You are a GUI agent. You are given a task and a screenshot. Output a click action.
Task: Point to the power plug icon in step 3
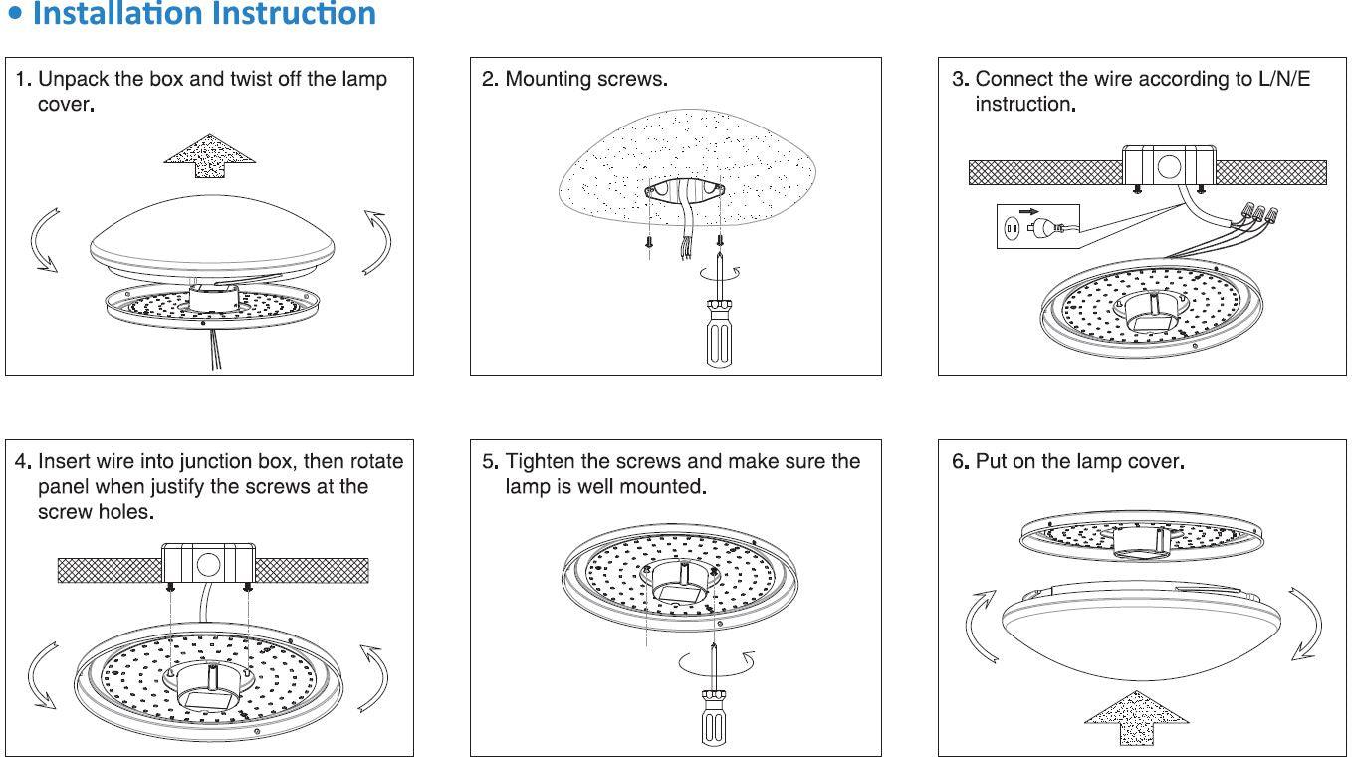point(1039,227)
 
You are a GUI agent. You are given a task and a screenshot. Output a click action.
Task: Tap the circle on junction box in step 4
point(208,565)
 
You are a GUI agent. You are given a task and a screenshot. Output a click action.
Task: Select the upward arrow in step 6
point(1136,716)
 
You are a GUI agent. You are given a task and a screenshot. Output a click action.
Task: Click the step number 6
point(959,461)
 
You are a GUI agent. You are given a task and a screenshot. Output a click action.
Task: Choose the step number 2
point(488,79)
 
